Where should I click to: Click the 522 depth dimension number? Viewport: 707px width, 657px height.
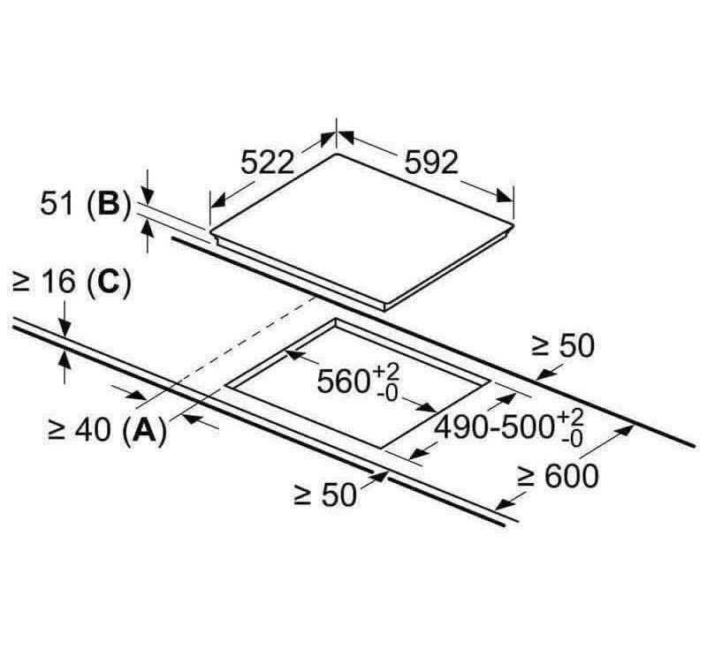(x=267, y=162)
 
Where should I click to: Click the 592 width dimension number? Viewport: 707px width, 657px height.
(x=432, y=162)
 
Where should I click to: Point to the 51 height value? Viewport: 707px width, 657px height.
(x=60, y=203)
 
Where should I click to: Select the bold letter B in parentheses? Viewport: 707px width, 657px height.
(x=108, y=203)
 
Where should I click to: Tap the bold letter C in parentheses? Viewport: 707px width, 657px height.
(x=108, y=283)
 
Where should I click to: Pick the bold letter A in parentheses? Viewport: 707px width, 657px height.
(x=144, y=430)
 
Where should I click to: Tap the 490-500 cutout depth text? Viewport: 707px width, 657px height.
(x=493, y=427)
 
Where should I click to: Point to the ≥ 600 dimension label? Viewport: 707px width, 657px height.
(x=558, y=476)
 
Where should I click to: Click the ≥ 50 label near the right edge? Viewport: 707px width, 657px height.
(x=562, y=346)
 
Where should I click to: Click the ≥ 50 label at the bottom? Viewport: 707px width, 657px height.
(x=324, y=495)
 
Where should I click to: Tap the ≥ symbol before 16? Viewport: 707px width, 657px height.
(x=23, y=283)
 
